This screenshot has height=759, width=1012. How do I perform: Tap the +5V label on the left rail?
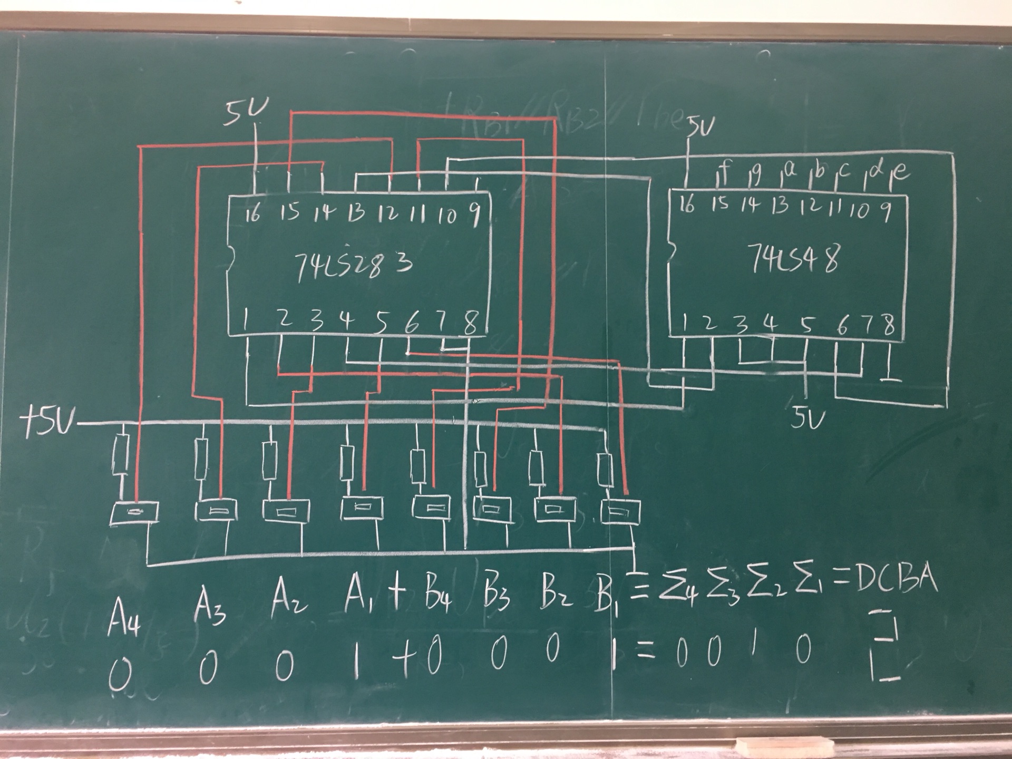coord(46,422)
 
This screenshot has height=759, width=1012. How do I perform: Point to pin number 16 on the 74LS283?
coord(254,213)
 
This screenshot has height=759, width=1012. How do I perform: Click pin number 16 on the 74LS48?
coord(686,205)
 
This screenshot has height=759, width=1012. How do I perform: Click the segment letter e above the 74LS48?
coord(901,172)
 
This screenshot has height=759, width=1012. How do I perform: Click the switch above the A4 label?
coord(134,512)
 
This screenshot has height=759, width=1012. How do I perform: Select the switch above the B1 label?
coord(620,511)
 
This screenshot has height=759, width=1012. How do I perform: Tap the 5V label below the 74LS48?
coord(807,420)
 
